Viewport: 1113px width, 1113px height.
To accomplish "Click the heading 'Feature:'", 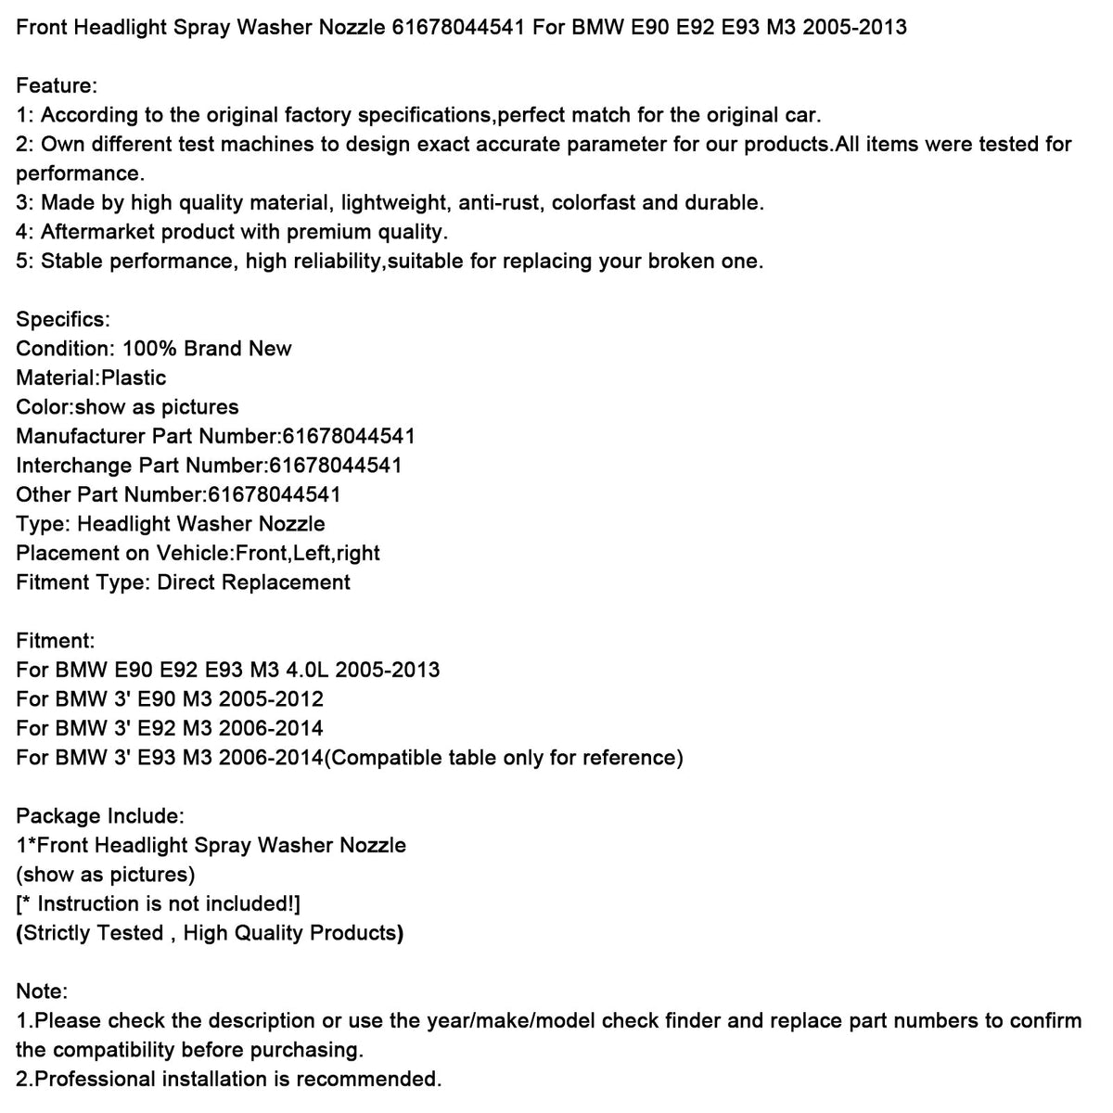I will (x=57, y=86).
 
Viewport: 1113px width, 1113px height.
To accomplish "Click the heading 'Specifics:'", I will (x=63, y=320).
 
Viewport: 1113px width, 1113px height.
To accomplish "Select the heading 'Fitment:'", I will (x=56, y=640).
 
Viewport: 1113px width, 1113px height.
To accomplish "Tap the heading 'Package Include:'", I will (x=100, y=816).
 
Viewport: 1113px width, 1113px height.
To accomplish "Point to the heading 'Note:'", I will (x=42, y=991).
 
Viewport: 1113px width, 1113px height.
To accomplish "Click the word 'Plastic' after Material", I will (x=134, y=378).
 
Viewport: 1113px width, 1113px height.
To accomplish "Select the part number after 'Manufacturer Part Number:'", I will (x=342, y=436).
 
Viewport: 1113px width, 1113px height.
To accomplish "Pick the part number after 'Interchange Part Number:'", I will (x=335, y=466).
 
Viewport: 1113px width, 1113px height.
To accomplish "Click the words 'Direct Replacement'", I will (x=254, y=582).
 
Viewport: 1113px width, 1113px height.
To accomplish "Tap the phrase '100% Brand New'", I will (x=207, y=349).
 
